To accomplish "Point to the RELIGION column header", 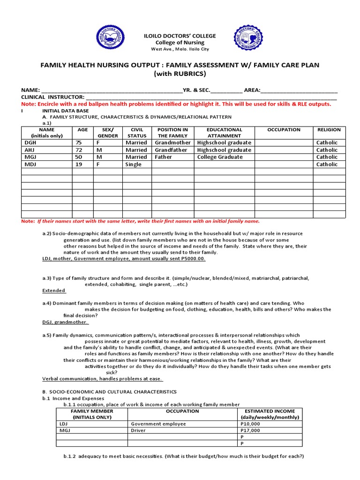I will tap(329, 130).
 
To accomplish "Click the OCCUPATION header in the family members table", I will tap(284, 130).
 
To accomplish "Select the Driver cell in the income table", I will tap(138, 430).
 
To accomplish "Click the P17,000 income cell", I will tap(250, 430).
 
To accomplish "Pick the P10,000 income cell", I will tap(250, 424).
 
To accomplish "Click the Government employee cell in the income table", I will tap(158, 424).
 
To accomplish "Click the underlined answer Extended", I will tap(54, 291).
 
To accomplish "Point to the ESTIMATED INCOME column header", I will tap(270, 414).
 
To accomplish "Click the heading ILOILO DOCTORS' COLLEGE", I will tap(180, 36).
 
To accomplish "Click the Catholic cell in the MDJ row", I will tap(327, 165).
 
